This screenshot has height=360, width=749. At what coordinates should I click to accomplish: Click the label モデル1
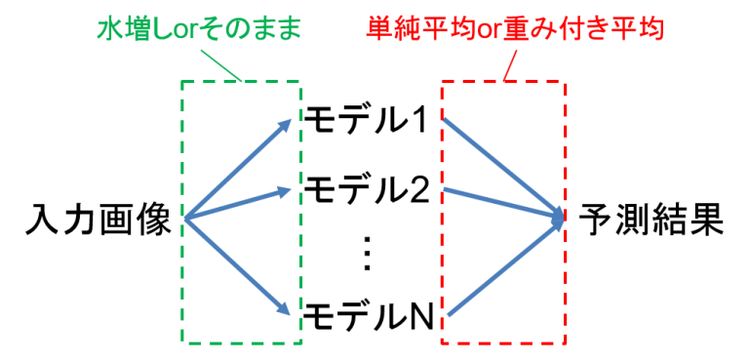click(368, 122)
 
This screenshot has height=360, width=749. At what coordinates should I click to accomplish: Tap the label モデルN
click(369, 315)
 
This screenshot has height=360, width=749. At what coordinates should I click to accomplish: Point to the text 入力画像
click(98, 220)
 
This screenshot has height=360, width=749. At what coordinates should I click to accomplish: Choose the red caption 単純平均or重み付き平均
click(515, 29)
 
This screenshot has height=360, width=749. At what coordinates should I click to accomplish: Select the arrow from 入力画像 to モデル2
click(237, 205)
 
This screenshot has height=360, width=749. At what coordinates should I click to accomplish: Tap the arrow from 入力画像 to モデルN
click(237, 266)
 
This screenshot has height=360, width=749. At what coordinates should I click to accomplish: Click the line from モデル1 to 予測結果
click(504, 168)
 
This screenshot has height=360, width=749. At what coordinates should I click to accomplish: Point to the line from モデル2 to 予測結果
click(504, 204)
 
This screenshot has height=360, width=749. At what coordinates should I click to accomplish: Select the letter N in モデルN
click(422, 316)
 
